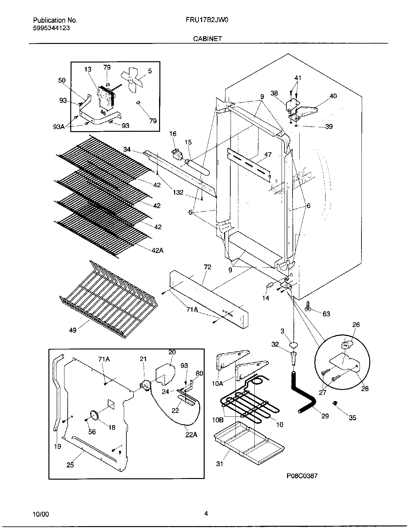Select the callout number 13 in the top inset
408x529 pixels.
[x=88, y=69]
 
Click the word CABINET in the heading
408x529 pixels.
[x=207, y=39]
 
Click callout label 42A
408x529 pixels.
[x=157, y=250]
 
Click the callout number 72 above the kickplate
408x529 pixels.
[x=207, y=267]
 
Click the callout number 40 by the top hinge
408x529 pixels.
[x=333, y=96]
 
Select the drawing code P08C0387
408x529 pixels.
[x=302, y=476]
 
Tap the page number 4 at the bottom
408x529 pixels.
[x=206, y=514]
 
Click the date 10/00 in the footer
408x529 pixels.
[x=41, y=514]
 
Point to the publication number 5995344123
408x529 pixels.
[x=52, y=28]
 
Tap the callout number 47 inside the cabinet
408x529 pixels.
[x=268, y=155]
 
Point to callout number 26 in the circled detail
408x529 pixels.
[x=356, y=325]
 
